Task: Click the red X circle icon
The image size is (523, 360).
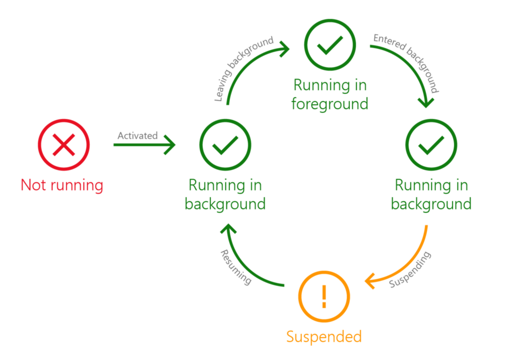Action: click(x=64, y=145)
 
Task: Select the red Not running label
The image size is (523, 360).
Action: click(x=62, y=185)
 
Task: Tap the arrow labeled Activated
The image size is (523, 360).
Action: click(x=145, y=145)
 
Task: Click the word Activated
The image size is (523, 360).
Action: click(x=137, y=136)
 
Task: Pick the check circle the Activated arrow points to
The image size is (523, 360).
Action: click(x=225, y=145)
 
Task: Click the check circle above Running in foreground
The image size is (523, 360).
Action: click(x=330, y=44)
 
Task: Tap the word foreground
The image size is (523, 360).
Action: click(x=329, y=104)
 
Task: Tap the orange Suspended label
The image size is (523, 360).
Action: click(x=324, y=336)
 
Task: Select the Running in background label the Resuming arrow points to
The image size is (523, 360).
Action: click(x=225, y=195)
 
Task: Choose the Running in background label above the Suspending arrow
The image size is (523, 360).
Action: click(x=431, y=195)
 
